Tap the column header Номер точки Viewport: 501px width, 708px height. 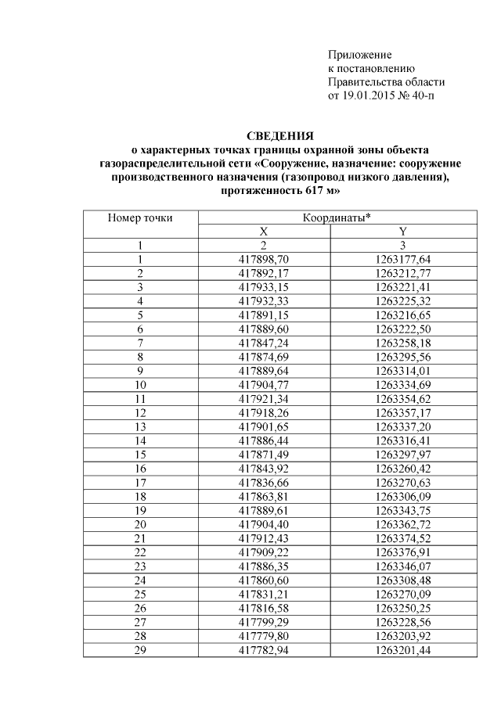click(140, 217)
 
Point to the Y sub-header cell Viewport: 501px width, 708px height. click(402, 232)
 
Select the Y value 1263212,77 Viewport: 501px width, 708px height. click(402, 273)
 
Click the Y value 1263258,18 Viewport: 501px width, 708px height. click(402, 343)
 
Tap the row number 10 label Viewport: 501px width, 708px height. click(140, 384)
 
